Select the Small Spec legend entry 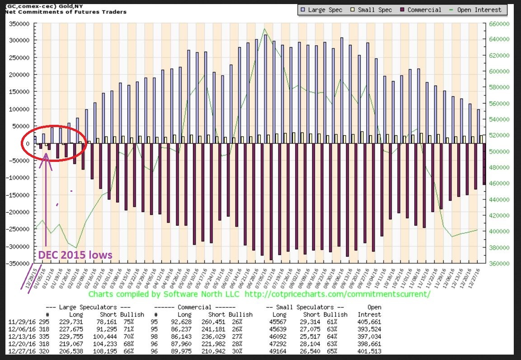373,9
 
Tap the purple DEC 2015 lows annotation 75,255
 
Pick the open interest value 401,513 368,351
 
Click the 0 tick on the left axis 28,143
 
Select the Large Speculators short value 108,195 108,351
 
